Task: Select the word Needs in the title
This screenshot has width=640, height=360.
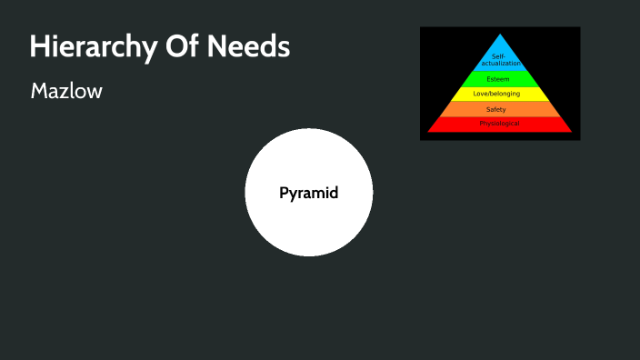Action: click(247, 47)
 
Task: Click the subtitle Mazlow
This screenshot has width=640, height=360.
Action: click(66, 91)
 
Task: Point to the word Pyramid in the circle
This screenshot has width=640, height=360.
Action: click(308, 193)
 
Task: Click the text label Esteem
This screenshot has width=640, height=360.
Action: click(498, 79)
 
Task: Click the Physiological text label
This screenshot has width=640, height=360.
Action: click(500, 124)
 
